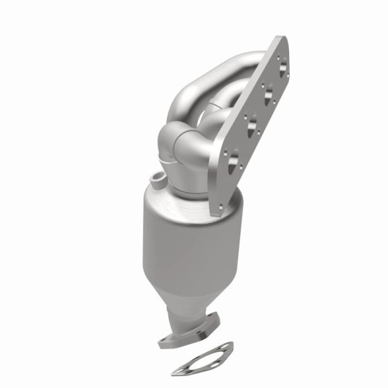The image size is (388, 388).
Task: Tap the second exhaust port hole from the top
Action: point(267,94)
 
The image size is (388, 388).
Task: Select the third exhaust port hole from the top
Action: point(252,123)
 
